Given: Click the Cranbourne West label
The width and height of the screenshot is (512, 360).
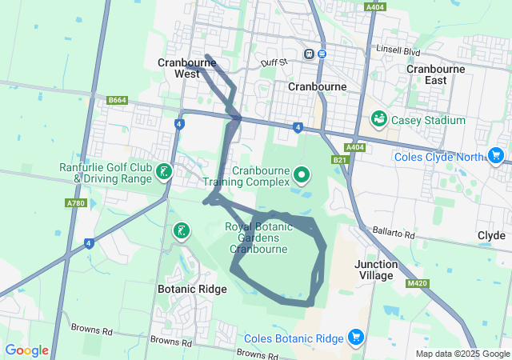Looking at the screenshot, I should [x=178, y=68].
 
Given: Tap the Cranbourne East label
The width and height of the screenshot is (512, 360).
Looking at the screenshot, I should [x=436, y=74].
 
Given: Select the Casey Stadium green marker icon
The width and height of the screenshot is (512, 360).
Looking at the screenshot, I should [x=379, y=120].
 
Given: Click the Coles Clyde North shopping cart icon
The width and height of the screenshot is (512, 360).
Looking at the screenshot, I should [x=496, y=155].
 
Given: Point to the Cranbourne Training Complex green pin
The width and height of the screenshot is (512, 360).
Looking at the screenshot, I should [x=302, y=174].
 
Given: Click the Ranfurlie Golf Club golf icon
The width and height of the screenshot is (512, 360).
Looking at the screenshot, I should [x=163, y=171].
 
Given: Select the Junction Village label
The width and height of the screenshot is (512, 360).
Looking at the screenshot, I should [x=376, y=270].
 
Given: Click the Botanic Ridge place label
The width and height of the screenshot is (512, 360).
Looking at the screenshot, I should [x=192, y=289].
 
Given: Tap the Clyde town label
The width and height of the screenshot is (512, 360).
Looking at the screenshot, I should [x=491, y=236].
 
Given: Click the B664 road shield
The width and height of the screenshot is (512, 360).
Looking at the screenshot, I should [x=118, y=100].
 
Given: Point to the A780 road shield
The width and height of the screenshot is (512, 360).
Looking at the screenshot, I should [x=77, y=203].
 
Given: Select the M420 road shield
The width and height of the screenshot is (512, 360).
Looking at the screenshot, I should [x=417, y=283].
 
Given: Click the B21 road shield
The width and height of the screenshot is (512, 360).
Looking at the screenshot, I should [x=341, y=160].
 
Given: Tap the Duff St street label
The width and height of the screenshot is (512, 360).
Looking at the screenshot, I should [x=273, y=62].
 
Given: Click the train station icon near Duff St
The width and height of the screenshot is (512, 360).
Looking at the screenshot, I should [x=308, y=54].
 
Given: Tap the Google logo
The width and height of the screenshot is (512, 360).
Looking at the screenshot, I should [x=26, y=350].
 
